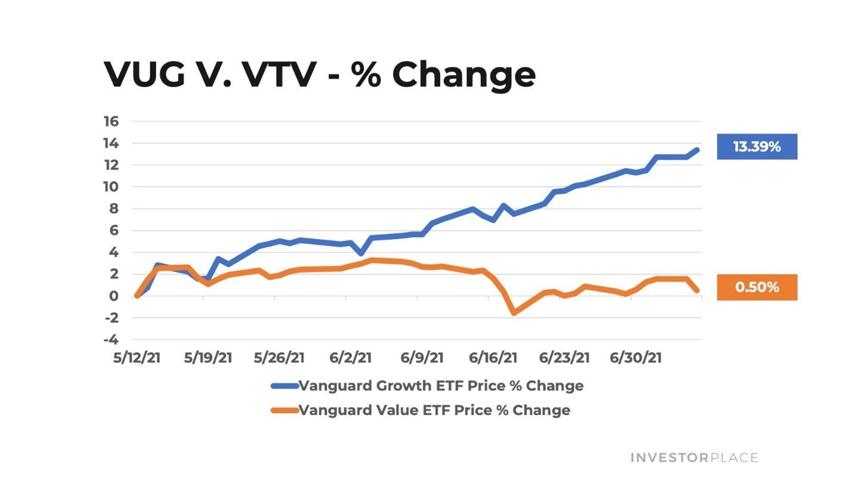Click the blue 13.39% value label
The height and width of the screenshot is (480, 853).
756,147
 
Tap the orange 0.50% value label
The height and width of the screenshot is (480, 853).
756,287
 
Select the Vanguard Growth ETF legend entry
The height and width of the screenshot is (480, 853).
427,385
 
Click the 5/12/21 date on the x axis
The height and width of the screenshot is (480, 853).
137,358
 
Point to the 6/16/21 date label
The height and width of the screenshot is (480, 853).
493,358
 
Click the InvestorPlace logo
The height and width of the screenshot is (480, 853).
694,458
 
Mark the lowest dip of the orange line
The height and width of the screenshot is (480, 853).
513,312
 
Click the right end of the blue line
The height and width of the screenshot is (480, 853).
697,150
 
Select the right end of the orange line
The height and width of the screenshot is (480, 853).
697,290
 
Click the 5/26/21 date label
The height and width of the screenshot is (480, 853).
279,358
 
